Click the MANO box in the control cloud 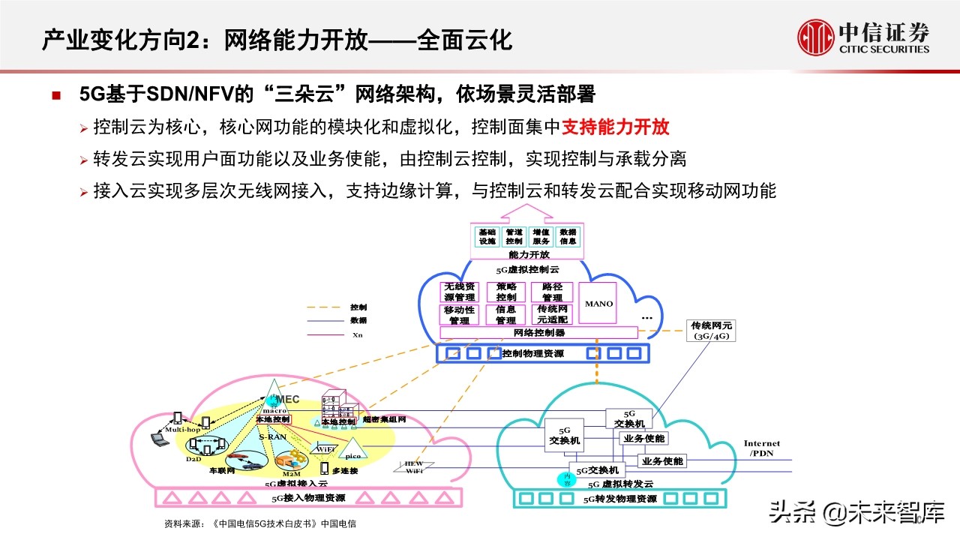(x=598, y=303)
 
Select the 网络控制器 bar (x=538, y=332)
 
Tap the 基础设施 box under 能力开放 (x=487, y=236)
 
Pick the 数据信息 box (x=568, y=236)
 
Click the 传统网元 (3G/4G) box (x=710, y=331)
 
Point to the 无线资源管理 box (x=460, y=292)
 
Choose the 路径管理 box (x=552, y=292)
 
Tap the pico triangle (x=350, y=450)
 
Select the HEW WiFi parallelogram (x=414, y=466)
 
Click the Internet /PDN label (x=761, y=448)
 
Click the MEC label (x=288, y=399)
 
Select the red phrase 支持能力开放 (x=616, y=127)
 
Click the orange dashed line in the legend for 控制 (x=325, y=307)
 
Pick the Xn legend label (x=358, y=334)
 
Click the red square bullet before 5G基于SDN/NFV (x=56, y=96)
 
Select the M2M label (x=291, y=474)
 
